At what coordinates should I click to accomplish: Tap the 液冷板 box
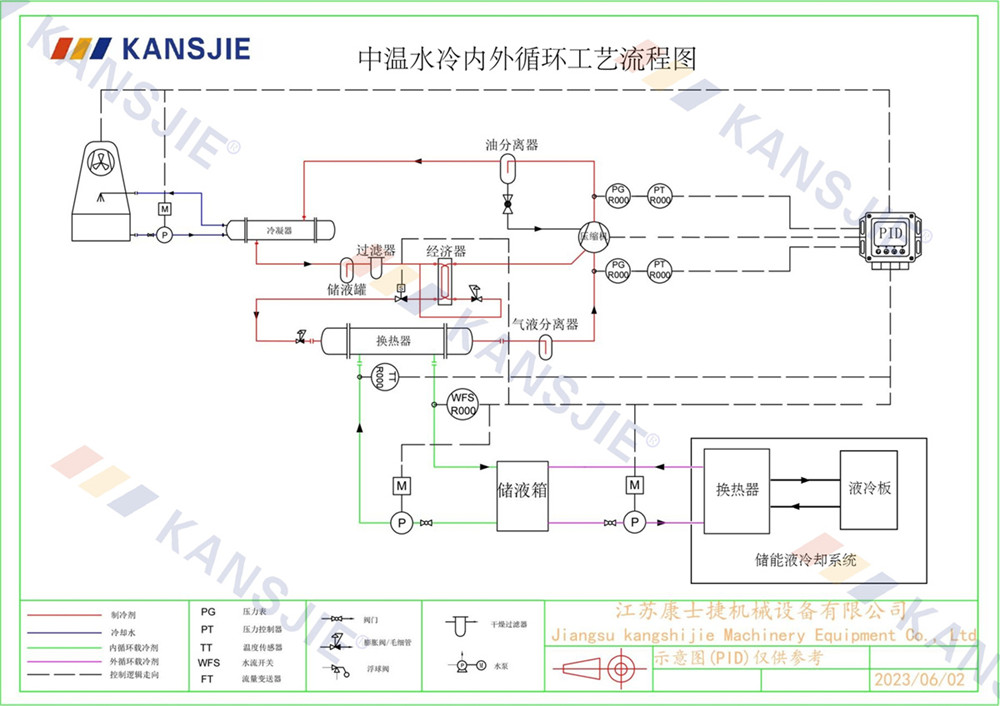tap(869, 489)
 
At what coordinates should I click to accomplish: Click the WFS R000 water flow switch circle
tap(462, 403)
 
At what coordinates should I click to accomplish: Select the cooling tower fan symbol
tap(104, 160)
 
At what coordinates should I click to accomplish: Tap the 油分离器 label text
tap(511, 144)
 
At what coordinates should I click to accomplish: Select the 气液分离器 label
tap(545, 324)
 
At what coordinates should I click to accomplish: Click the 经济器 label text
tap(446, 250)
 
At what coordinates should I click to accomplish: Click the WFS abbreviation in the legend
tap(208, 662)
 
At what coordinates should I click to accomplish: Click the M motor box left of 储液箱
tap(401, 486)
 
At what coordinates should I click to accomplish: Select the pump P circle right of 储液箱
tap(633, 523)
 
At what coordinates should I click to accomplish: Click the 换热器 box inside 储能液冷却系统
tap(737, 489)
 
